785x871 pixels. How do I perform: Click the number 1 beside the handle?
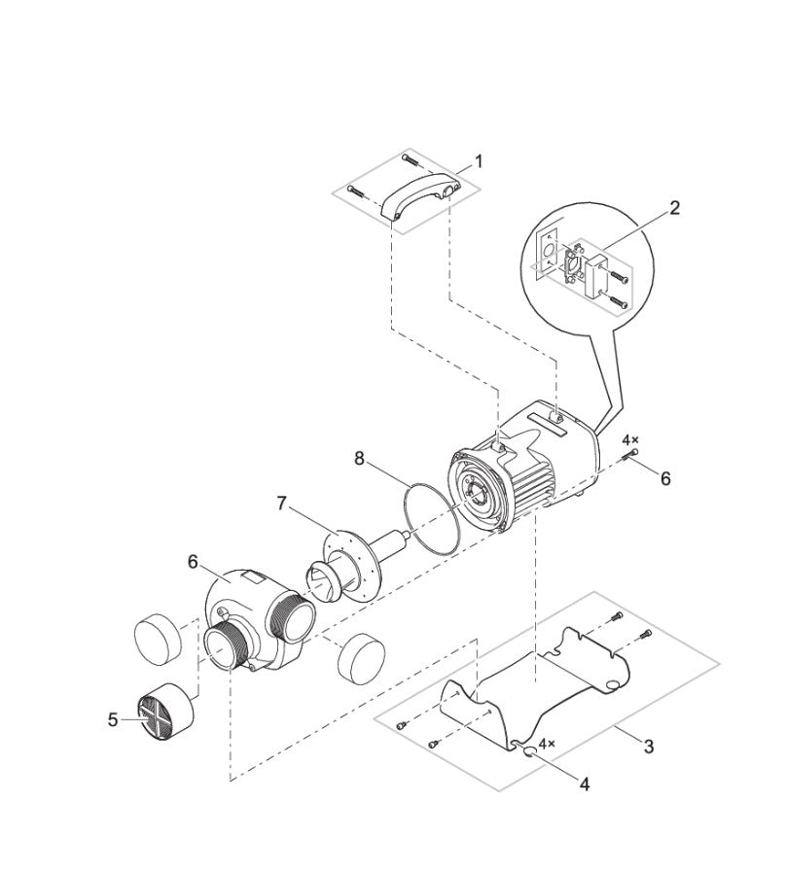478,160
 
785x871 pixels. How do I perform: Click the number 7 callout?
282,503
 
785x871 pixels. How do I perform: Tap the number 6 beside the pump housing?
193,562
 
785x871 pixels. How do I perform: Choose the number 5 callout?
114,719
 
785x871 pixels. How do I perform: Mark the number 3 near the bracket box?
648,747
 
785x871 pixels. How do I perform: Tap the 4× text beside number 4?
547,743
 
